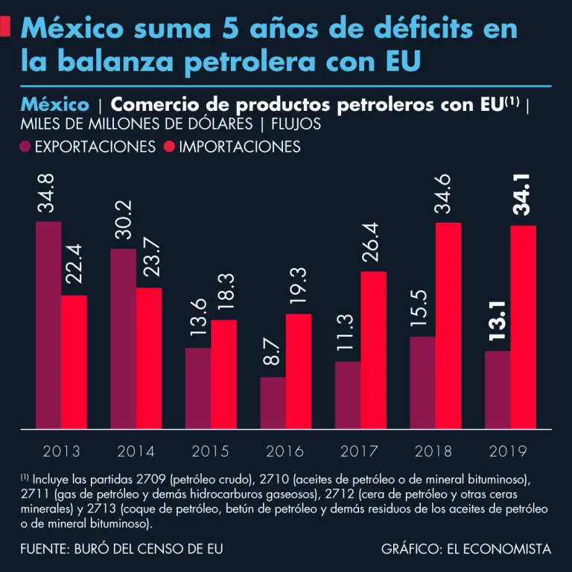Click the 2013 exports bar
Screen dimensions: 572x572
[48, 325]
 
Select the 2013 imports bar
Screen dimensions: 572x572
[74, 363]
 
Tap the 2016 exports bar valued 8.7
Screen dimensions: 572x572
[273, 403]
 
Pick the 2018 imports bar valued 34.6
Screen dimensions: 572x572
[448, 326]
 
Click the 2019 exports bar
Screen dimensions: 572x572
[498, 390]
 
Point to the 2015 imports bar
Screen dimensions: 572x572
[223, 375]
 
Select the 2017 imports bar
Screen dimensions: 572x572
[373, 350]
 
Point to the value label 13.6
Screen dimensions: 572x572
[198, 317]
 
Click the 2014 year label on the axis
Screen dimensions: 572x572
[136, 451]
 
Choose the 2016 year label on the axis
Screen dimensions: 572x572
[285, 451]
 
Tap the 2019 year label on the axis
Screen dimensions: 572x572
[508, 451]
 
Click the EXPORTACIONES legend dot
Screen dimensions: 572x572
[27, 147]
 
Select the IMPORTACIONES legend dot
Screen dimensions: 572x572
[168, 147]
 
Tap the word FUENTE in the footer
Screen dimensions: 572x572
[43, 549]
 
